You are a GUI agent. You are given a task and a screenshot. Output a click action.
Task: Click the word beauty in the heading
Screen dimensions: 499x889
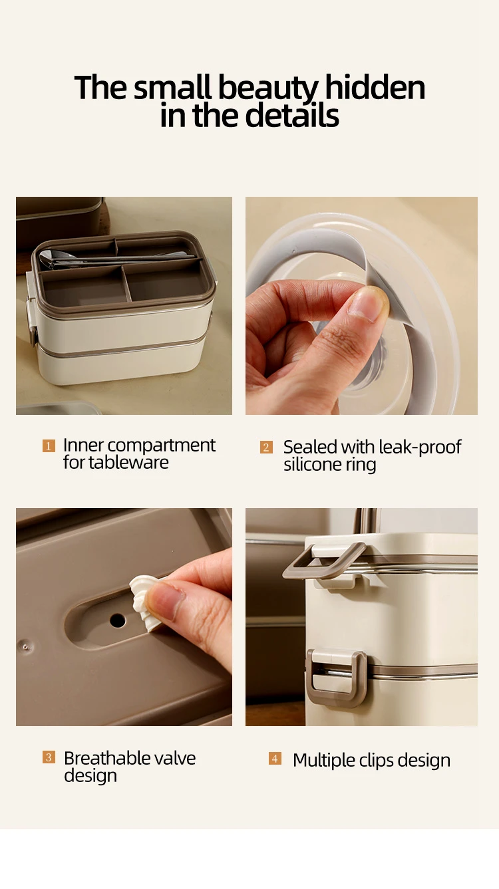coord(268,88)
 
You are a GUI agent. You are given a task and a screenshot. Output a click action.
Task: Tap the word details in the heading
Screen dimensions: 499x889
coord(292,116)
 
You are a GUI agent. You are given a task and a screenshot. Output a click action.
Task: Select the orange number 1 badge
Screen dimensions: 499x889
coord(49,445)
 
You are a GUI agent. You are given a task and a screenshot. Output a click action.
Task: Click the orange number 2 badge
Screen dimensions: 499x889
coord(266,447)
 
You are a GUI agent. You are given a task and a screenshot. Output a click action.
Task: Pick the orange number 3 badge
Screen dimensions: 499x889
coord(49,757)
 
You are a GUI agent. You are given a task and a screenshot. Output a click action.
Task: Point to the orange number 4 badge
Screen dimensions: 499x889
coord(275,759)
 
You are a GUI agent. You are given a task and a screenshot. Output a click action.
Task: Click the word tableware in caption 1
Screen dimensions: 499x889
coord(128,463)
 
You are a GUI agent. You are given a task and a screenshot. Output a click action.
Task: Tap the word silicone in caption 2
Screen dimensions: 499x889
coord(313,464)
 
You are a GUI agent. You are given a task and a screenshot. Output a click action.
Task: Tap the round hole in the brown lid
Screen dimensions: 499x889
coord(118,620)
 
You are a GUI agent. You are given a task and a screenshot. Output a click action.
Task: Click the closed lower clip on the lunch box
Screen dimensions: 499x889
coord(336,678)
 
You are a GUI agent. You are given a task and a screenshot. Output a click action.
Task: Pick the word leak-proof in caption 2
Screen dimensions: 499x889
coord(420,447)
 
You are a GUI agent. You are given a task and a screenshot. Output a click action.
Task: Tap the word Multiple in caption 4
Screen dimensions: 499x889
coord(324,761)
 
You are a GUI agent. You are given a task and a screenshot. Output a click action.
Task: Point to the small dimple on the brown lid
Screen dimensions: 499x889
coord(26,647)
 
